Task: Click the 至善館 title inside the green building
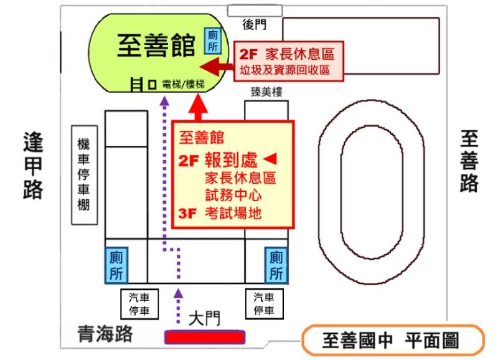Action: [x=156, y=45]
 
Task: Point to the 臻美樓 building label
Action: [x=266, y=92]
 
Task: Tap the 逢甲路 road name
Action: [x=33, y=165]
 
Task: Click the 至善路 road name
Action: [x=470, y=161]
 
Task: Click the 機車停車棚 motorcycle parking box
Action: [x=84, y=174]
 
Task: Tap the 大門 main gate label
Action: [x=204, y=320]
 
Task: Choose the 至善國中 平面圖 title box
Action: [x=392, y=340]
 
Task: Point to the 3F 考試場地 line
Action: [x=219, y=213]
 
